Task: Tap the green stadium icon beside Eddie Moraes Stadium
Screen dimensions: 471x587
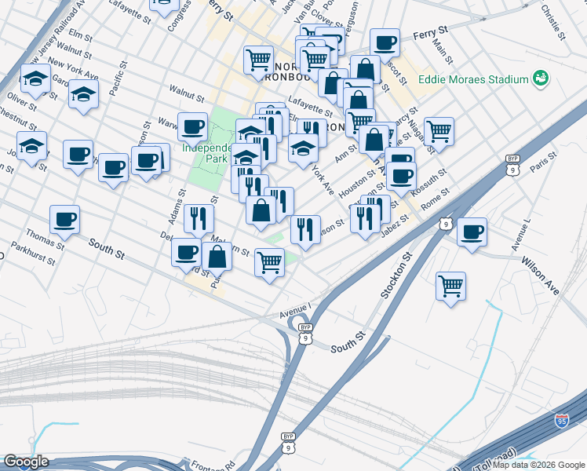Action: click(539, 78)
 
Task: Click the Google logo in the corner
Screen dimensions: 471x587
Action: click(25, 462)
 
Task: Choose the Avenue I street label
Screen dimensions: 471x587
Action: click(296, 312)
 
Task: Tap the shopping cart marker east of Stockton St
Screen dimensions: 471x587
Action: click(450, 286)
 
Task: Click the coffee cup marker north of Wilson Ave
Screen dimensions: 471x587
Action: click(472, 232)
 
